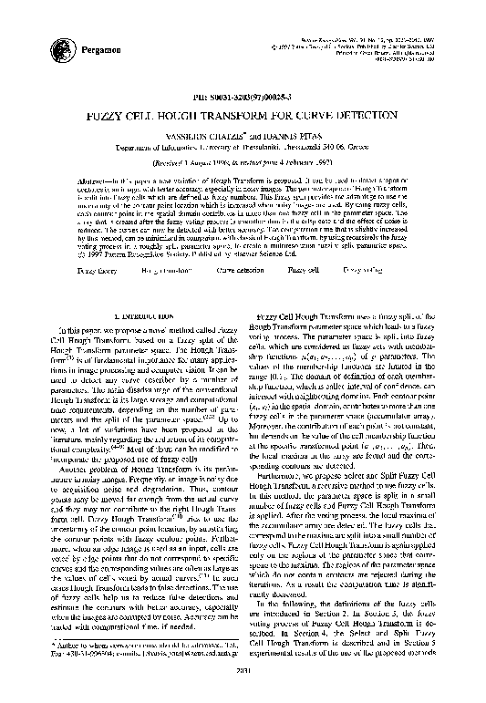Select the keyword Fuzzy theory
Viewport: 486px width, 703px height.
click(92, 271)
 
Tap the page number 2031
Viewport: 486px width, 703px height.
click(243, 692)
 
